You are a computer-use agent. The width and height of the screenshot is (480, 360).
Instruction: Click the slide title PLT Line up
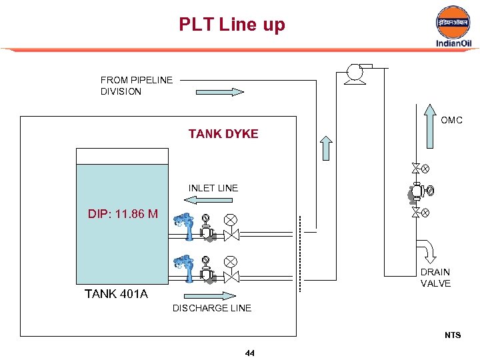point(231,25)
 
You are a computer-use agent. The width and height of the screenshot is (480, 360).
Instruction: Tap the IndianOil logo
point(453,27)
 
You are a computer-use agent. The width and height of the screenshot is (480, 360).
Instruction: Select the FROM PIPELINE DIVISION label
point(137,85)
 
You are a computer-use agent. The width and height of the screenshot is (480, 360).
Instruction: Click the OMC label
point(451,121)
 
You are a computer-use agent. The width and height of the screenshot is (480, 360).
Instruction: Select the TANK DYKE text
point(223,134)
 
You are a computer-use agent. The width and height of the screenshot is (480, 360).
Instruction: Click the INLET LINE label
point(213,188)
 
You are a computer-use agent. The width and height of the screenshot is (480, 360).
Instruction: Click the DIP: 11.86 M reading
point(123,214)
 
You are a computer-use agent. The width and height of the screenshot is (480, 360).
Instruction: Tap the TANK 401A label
point(116,294)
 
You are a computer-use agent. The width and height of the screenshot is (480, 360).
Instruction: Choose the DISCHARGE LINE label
point(212,308)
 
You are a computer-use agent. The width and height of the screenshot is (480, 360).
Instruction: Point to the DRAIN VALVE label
point(435,278)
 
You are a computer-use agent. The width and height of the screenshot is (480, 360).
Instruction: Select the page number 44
point(250,353)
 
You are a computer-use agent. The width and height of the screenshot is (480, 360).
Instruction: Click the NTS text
point(453,335)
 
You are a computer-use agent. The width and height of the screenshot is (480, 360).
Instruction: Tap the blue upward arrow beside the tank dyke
point(326,148)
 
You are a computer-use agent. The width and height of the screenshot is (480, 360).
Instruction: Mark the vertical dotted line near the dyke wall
point(299,253)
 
